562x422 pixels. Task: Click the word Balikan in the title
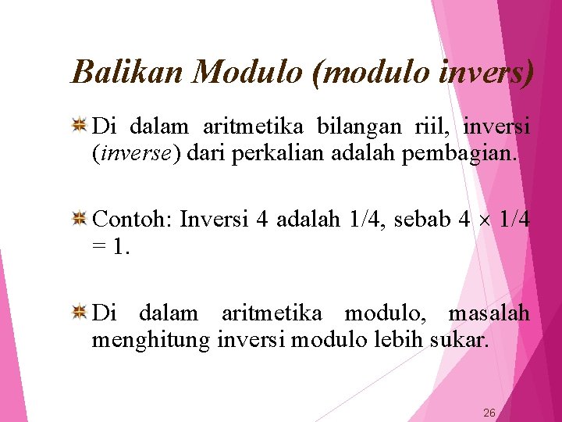point(127,72)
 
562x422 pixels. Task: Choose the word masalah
point(489,313)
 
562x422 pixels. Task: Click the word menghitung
point(151,341)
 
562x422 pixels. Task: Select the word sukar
point(460,341)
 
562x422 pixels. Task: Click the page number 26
point(489,413)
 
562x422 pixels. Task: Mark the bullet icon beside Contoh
point(80,220)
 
